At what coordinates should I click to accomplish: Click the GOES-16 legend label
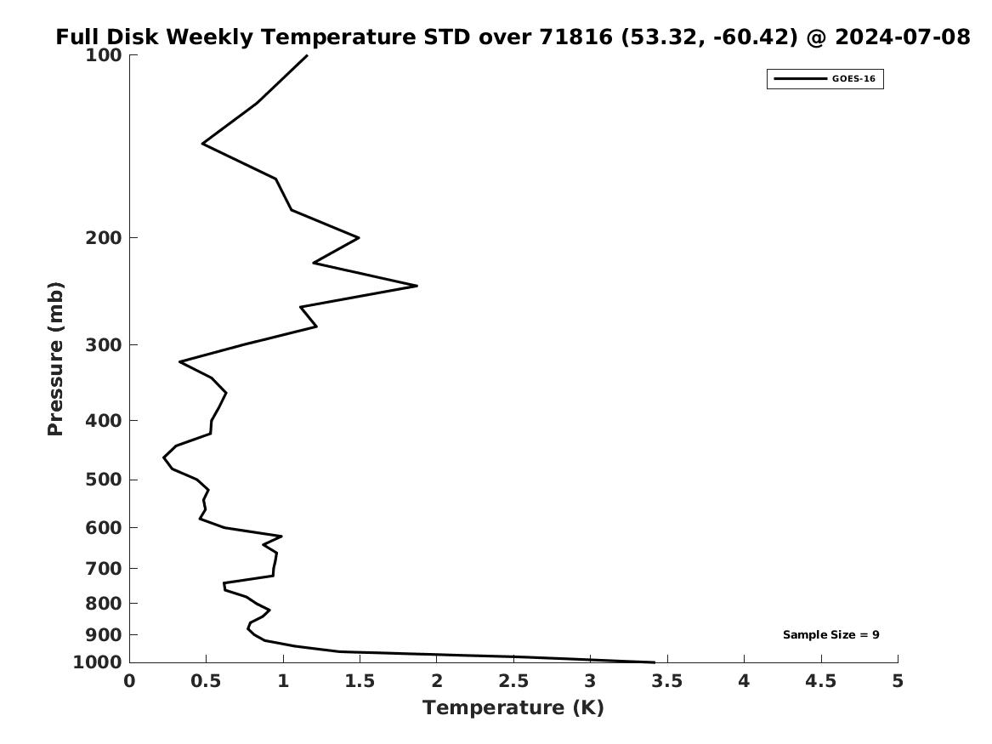click(x=853, y=78)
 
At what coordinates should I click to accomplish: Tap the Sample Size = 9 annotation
click(x=830, y=634)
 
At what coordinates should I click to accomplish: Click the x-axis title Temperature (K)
click(x=513, y=707)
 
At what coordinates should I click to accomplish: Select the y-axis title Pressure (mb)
click(x=55, y=359)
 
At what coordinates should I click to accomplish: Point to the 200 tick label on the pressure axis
click(x=103, y=238)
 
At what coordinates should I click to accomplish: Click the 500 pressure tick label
click(x=103, y=480)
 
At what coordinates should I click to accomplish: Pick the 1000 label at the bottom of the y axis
click(x=98, y=662)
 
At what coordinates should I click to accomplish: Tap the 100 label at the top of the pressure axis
click(x=103, y=55)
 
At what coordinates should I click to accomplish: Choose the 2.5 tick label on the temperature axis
click(x=513, y=681)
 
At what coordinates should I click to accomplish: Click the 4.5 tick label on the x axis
click(x=821, y=681)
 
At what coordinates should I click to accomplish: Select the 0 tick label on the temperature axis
click(x=130, y=681)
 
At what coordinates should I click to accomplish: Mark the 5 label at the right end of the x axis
click(x=898, y=681)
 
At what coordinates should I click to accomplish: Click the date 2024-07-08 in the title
click(x=902, y=37)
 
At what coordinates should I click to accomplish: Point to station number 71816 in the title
click(x=576, y=37)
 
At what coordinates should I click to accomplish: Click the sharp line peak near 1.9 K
click(x=417, y=286)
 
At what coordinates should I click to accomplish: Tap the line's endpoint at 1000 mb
click(x=655, y=662)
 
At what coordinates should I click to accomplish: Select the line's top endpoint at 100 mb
click(x=307, y=55)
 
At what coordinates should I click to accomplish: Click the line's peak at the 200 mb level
click(x=359, y=238)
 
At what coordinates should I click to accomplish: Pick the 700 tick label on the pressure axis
click(x=103, y=569)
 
